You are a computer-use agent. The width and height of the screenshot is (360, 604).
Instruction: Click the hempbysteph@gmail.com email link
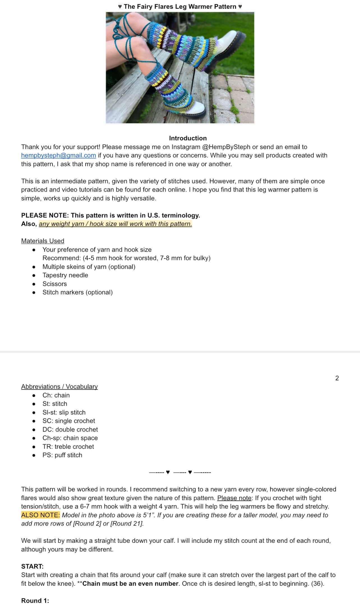coord(58,155)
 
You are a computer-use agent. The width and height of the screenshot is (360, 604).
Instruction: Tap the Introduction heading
coord(188,138)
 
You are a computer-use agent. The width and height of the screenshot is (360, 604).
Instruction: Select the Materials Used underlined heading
coord(43,241)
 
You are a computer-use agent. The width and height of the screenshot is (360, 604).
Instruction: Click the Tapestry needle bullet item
coord(65,275)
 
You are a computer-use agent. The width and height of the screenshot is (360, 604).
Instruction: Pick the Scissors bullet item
coord(54,284)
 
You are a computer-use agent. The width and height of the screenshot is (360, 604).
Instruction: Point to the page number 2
coord(337,378)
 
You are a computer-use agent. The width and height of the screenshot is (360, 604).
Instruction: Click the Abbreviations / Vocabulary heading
coord(59,387)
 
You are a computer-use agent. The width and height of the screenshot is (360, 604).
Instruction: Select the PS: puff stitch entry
coord(62,455)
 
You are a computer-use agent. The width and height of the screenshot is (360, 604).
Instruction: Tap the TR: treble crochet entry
coord(68,447)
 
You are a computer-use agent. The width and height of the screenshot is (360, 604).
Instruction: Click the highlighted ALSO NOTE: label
coord(40,515)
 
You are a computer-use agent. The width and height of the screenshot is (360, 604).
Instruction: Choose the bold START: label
coord(32,566)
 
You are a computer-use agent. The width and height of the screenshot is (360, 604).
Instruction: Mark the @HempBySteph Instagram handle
coord(226,147)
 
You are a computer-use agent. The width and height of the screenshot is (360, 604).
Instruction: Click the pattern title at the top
coord(180,6)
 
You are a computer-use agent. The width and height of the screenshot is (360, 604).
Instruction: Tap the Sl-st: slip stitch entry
coord(64,412)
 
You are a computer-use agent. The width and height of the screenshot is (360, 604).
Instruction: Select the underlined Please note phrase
coord(234,498)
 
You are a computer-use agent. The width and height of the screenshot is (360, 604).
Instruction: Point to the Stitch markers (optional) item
coord(77,292)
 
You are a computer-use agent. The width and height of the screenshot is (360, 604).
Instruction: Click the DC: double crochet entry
coord(70,430)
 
